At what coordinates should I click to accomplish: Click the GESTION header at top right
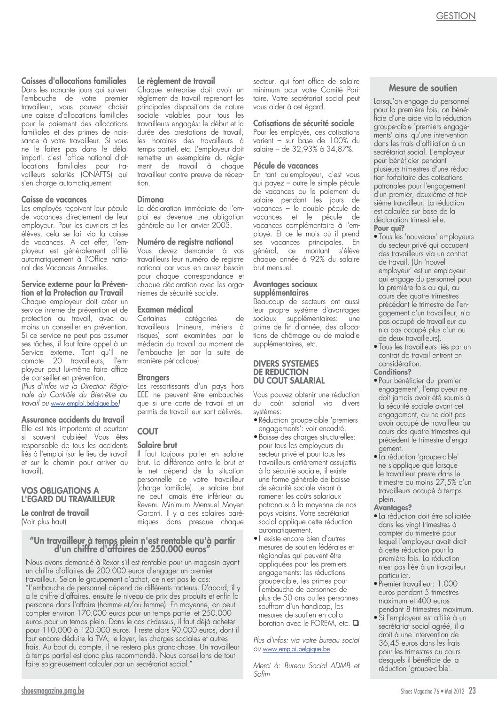(x=456, y=16)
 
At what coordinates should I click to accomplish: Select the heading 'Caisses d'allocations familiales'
(x=74, y=81)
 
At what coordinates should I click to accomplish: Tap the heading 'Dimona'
(x=150, y=199)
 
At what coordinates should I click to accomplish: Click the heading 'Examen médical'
(x=165, y=310)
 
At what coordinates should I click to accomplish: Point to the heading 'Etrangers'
(x=153, y=377)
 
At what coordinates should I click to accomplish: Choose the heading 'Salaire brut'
(x=157, y=445)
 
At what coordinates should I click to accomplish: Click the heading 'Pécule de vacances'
(x=286, y=166)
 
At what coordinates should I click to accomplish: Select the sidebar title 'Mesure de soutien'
(x=423, y=88)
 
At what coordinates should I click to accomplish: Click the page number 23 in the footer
(x=472, y=690)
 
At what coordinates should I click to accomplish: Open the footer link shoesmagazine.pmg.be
(x=53, y=691)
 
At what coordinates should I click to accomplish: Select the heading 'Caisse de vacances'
(x=54, y=200)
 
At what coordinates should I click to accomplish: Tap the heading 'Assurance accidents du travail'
(x=73, y=420)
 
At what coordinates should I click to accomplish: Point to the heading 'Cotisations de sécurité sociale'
(x=303, y=123)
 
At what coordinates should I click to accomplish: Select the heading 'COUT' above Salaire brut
(x=148, y=431)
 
